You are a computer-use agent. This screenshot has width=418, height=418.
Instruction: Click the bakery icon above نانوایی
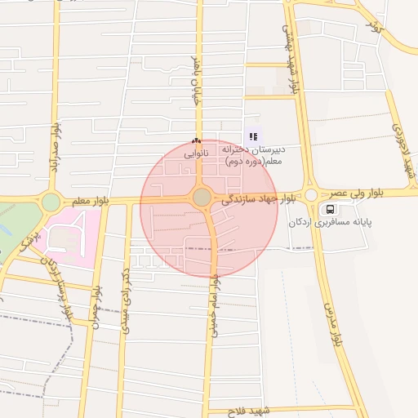tap(196, 140)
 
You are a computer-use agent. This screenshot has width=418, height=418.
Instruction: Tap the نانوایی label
tap(196, 153)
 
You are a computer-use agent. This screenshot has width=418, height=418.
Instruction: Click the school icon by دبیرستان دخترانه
tap(253, 136)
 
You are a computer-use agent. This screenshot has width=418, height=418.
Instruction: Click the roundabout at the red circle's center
tap(202, 197)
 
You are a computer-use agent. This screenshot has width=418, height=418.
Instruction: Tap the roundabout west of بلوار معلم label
tap(51, 202)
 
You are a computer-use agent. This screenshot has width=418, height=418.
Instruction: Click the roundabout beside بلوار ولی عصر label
tap(310, 195)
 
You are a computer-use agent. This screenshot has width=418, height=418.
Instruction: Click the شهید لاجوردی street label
tap(403, 153)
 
